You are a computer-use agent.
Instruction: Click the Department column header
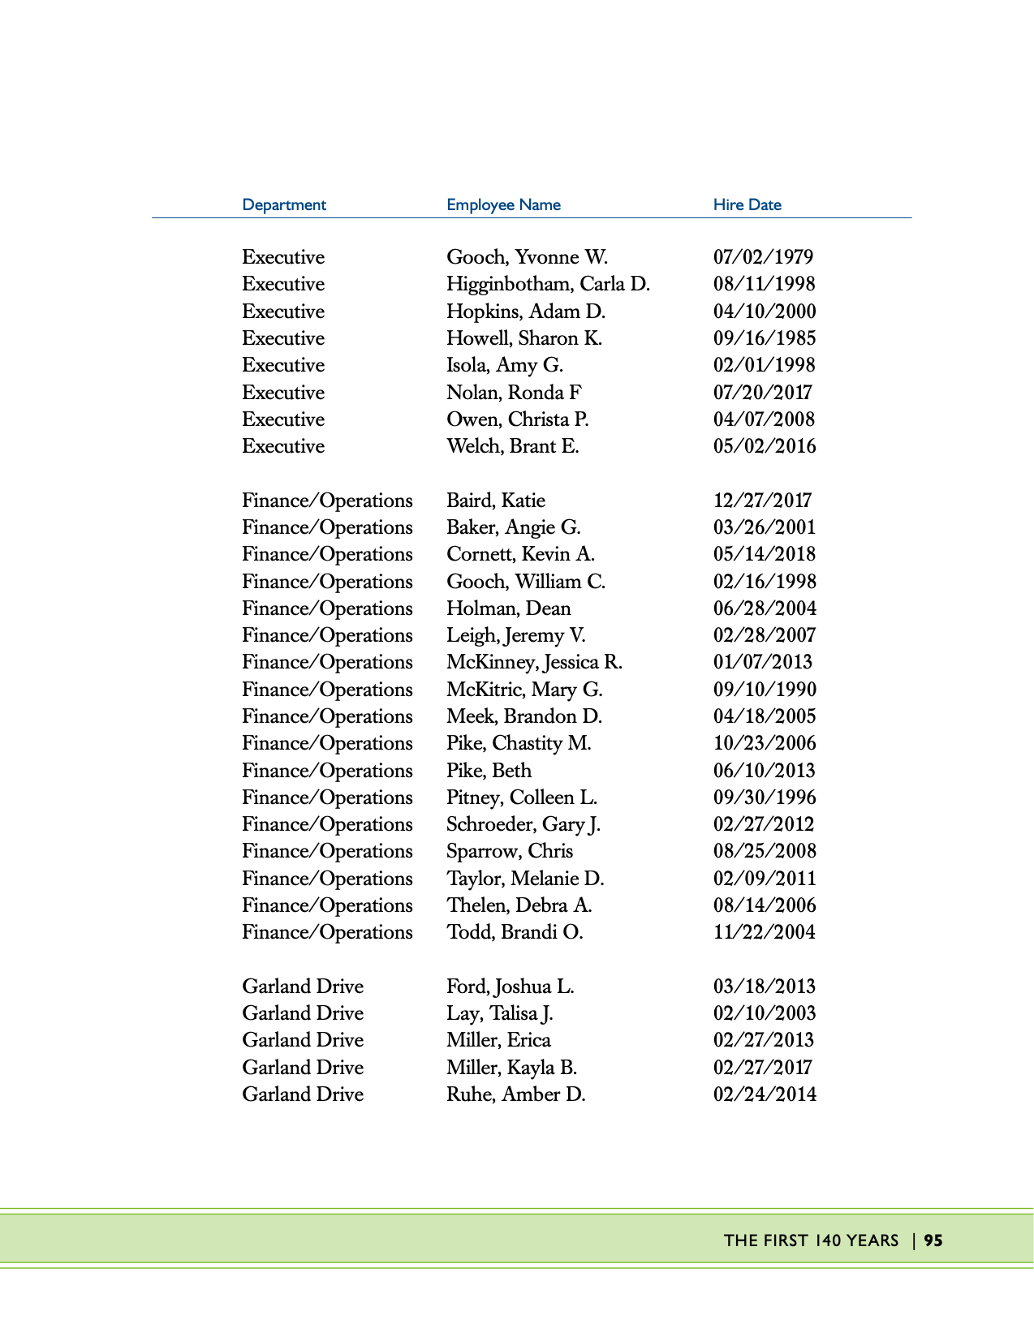pyautogui.click(x=284, y=205)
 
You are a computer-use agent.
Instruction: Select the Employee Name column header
pyautogui.click(x=503, y=205)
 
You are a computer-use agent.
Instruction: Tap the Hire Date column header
pyautogui.click(x=747, y=205)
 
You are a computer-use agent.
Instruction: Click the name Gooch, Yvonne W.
pyautogui.click(x=527, y=257)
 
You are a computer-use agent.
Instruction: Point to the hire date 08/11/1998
pyautogui.click(x=764, y=284)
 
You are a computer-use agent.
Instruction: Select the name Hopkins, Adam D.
pyautogui.click(x=526, y=312)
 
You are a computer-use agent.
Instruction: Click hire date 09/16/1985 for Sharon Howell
pyautogui.click(x=765, y=338)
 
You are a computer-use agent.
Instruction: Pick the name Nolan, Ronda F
pyautogui.click(x=514, y=393)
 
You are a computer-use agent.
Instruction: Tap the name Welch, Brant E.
pyautogui.click(x=513, y=446)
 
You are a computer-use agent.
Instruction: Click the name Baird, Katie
pyautogui.click(x=496, y=501)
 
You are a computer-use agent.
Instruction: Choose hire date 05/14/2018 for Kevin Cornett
pyautogui.click(x=765, y=554)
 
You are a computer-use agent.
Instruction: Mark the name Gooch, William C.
pyautogui.click(x=526, y=582)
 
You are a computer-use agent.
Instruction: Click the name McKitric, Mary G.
pyautogui.click(x=524, y=690)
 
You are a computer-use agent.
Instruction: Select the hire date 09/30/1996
pyautogui.click(x=765, y=797)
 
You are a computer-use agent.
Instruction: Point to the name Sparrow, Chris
pyautogui.click(x=510, y=851)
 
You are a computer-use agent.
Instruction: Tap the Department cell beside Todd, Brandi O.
pyautogui.click(x=327, y=932)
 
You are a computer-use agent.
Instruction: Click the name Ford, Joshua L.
pyautogui.click(x=511, y=987)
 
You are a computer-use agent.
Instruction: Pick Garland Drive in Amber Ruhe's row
pyautogui.click(x=303, y=1094)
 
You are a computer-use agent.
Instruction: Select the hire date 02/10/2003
pyautogui.click(x=765, y=1013)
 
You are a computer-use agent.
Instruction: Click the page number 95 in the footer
pyautogui.click(x=933, y=1240)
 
